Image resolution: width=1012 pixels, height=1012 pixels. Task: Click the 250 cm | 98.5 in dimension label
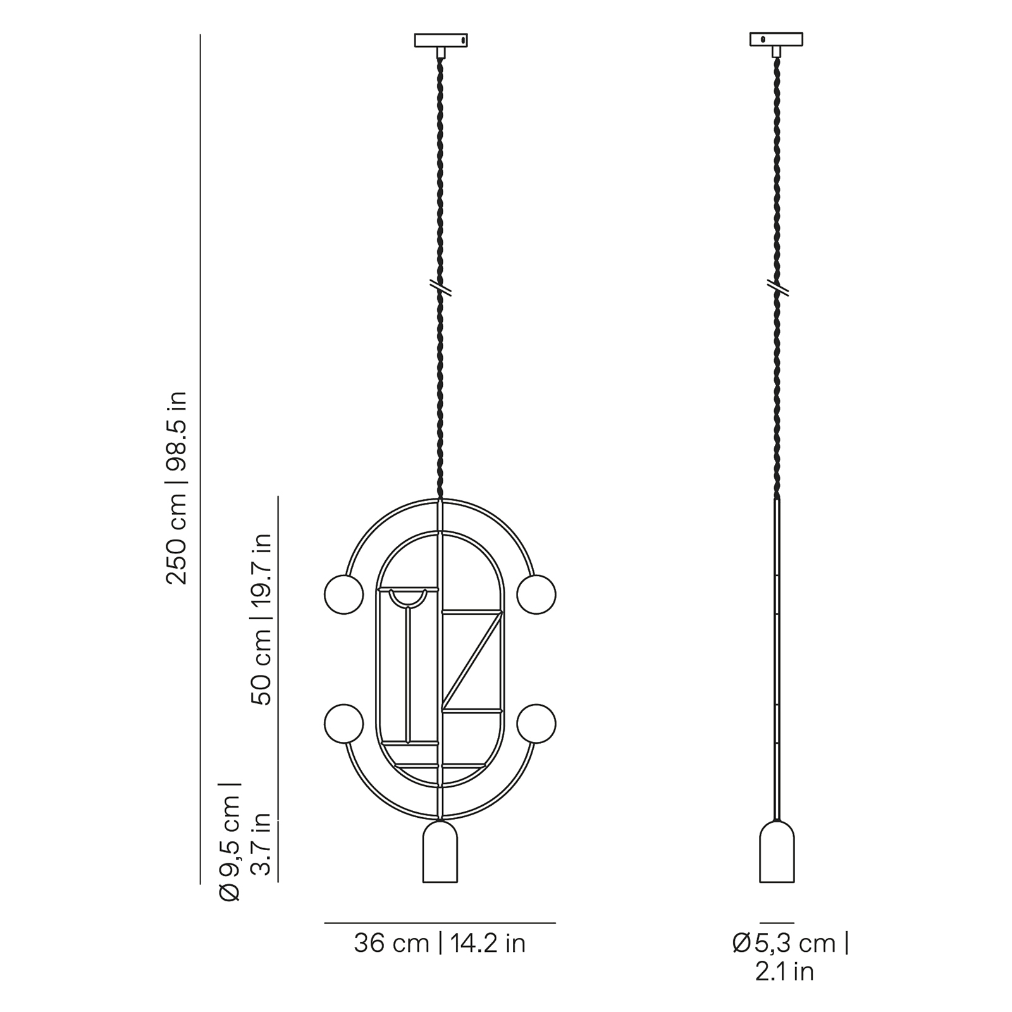click(x=176, y=488)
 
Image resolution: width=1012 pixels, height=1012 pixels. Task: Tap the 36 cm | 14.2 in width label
click(x=440, y=944)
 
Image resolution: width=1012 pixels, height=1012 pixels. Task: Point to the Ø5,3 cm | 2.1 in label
click(x=791, y=957)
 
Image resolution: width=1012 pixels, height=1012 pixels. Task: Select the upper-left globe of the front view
click(x=344, y=595)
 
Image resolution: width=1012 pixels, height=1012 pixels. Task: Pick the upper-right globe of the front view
click(x=536, y=595)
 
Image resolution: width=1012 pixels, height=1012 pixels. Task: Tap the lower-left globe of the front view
click(x=344, y=724)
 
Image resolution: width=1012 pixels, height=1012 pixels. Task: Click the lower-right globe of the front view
click(x=536, y=724)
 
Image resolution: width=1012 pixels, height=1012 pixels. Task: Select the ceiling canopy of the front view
click(x=441, y=40)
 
